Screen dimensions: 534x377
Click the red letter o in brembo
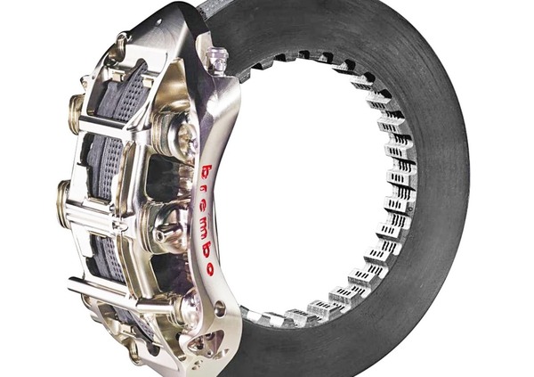tap(208, 269)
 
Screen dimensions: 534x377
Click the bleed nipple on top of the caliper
tap(216, 58)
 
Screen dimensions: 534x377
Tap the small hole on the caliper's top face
tap(159, 22)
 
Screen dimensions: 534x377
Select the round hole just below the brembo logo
tap(220, 305)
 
